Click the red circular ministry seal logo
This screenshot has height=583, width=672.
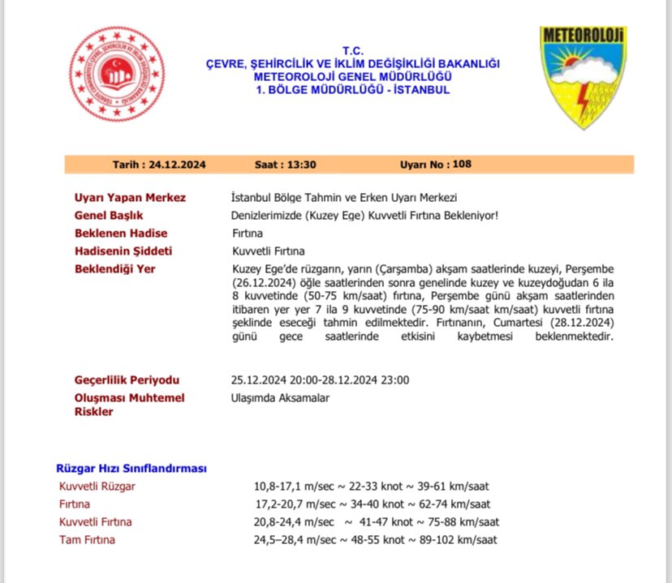tap(117, 74)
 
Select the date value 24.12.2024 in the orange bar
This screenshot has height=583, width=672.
tap(177, 165)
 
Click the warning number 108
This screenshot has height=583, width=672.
tap(463, 165)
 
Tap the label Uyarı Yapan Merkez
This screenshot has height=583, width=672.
tap(130, 197)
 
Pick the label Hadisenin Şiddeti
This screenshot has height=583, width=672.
tap(123, 251)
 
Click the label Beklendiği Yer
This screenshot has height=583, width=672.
tap(114, 268)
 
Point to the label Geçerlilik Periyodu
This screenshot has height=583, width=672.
tap(127, 379)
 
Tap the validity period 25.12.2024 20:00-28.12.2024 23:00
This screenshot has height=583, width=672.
tap(320, 379)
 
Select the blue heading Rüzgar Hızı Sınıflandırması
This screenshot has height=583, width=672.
tap(131, 469)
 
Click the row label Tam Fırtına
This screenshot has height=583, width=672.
tap(87, 539)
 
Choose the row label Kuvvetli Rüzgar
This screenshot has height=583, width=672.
tap(97, 487)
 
